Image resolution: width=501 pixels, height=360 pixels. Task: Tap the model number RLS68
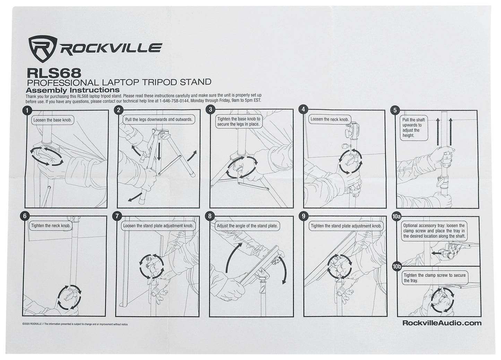54,73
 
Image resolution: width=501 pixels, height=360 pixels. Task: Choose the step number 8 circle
209,216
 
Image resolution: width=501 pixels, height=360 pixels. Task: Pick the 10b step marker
397,266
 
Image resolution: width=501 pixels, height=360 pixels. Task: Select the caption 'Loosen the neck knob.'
329,119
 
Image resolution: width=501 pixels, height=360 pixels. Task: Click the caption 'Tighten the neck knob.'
51,226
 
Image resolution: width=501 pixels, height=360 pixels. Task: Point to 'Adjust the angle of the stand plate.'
247,226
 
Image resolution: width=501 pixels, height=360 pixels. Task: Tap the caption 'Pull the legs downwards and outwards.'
158,119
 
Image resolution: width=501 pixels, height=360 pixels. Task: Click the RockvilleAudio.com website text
442,323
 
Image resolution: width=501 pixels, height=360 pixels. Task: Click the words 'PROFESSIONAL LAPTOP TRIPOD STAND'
119,82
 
